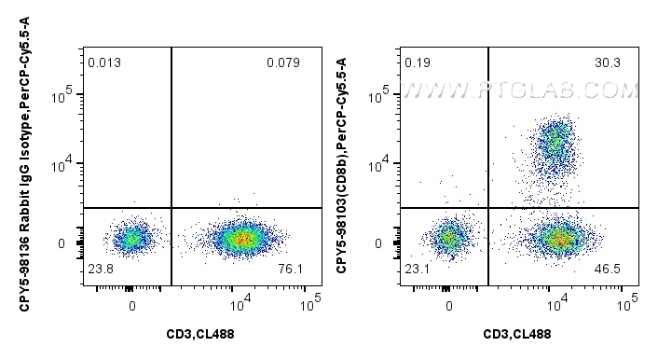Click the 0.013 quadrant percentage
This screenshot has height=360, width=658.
(104, 63)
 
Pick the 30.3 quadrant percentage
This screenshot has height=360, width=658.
(606, 63)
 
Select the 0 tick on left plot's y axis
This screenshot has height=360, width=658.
(62, 243)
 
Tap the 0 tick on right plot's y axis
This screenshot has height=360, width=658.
(379, 243)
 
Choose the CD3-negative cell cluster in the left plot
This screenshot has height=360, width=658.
(131, 239)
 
